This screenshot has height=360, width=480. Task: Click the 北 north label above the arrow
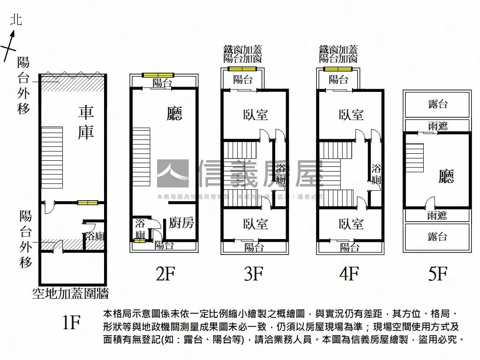(17, 19)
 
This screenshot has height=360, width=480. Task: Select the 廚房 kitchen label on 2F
(181, 223)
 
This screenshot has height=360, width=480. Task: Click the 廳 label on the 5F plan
(446, 176)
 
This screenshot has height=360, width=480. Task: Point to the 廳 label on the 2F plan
(174, 114)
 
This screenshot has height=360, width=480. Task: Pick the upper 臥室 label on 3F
(255, 114)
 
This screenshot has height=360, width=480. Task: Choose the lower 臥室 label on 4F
(351, 224)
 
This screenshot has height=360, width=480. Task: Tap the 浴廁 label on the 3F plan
(280, 174)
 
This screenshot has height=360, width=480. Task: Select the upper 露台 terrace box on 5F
(437, 104)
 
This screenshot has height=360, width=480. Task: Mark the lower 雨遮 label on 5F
(437, 216)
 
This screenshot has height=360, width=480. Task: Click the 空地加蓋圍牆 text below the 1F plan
(70, 294)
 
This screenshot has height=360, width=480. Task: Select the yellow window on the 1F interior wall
(88, 202)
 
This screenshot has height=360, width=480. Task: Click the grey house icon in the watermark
(172, 174)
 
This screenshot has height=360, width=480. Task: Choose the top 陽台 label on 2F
(162, 83)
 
